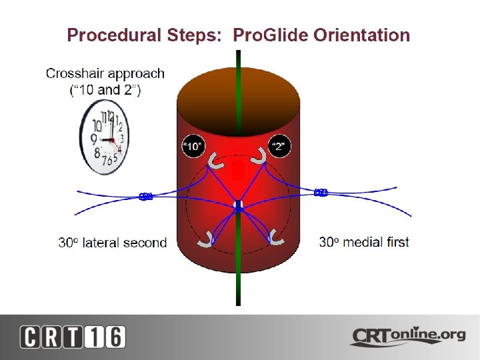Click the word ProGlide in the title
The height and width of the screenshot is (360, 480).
coord(271,35)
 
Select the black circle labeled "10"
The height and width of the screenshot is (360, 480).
coord(193,146)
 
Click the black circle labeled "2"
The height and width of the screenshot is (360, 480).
coord(279,146)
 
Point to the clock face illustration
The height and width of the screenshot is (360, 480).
coord(105,137)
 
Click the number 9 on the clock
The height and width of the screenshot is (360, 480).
coord(94,139)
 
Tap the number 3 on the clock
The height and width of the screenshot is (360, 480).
coord(121,139)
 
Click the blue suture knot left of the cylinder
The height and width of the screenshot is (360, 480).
coord(146,196)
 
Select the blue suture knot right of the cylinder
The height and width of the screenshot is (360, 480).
coord(321,193)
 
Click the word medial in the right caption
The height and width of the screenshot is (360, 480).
coord(358,242)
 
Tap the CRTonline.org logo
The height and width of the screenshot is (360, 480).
coord(409,337)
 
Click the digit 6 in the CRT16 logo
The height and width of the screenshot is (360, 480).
coord(115,337)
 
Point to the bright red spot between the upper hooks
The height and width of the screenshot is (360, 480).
coord(239,170)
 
